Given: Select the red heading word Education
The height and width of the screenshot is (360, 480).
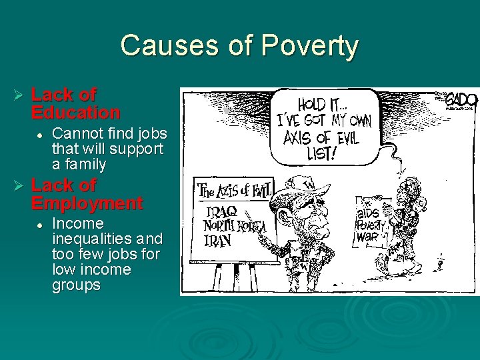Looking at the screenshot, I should [75, 112].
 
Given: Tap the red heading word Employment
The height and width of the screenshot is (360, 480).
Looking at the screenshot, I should [87, 203].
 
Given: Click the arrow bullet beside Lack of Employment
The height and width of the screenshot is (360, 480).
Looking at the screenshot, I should [19, 186].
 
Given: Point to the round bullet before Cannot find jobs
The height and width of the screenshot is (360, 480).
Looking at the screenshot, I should [40, 134].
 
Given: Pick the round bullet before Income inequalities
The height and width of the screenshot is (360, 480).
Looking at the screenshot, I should [40, 224].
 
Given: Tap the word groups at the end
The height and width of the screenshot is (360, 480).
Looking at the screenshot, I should [76, 285].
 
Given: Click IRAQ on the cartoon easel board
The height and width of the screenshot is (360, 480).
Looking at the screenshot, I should [221, 211].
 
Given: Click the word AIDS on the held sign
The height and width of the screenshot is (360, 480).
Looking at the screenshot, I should [369, 213].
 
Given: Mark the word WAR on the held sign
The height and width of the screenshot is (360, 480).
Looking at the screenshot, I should [368, 237].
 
